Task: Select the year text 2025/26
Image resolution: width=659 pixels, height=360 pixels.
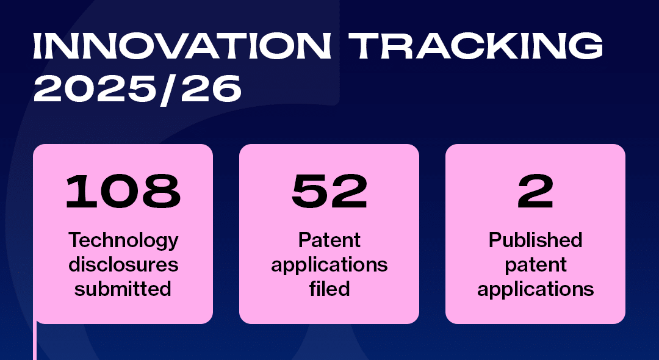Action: (x=137, y=89)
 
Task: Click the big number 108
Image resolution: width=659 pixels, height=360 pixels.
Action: (x=123, y=192)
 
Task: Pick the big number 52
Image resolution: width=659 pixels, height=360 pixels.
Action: (x=329, y=192)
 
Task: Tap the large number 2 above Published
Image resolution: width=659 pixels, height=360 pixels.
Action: (x=535, y=192)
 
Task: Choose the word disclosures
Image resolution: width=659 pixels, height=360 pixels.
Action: (x=123, y=265)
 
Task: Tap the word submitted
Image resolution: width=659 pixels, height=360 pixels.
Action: (x=123, y=289)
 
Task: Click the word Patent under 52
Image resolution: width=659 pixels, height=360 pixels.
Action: (x=329, y=240)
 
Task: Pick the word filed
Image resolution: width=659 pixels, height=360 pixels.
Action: (x=329, y=289)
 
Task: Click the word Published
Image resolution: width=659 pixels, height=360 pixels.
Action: (x=535, y=240)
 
